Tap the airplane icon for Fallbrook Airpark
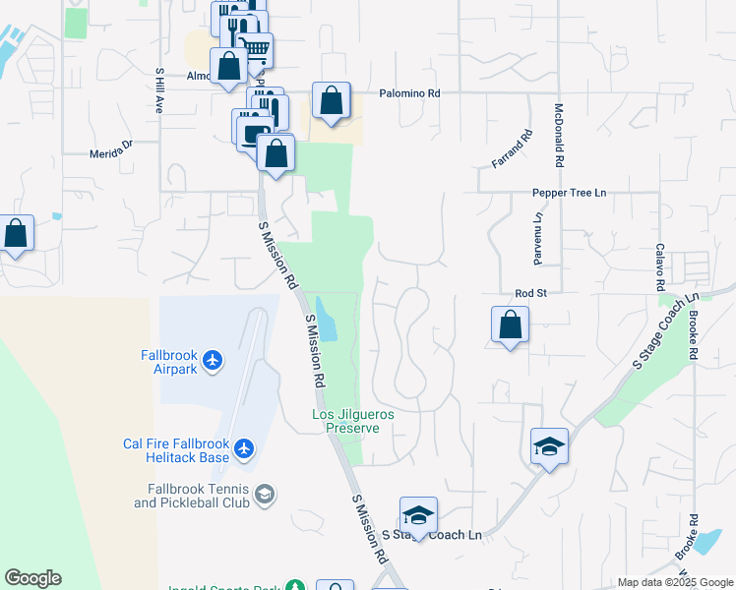pos(213,361)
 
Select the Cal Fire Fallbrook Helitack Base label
pos(175,450)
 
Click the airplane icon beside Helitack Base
pos(245,450)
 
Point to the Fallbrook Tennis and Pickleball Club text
pos(192,496)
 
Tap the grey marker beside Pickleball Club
pos(264,494)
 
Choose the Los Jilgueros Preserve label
pos(353,422)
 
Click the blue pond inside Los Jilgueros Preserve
pos(328,321)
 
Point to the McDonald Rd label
pos(559,134)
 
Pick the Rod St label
pos(530,293)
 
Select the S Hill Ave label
pos(157,90)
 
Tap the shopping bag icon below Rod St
pos(511,324)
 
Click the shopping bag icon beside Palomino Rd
pos(332,100)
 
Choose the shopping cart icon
pos(256,49)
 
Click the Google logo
pos(32,578)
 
